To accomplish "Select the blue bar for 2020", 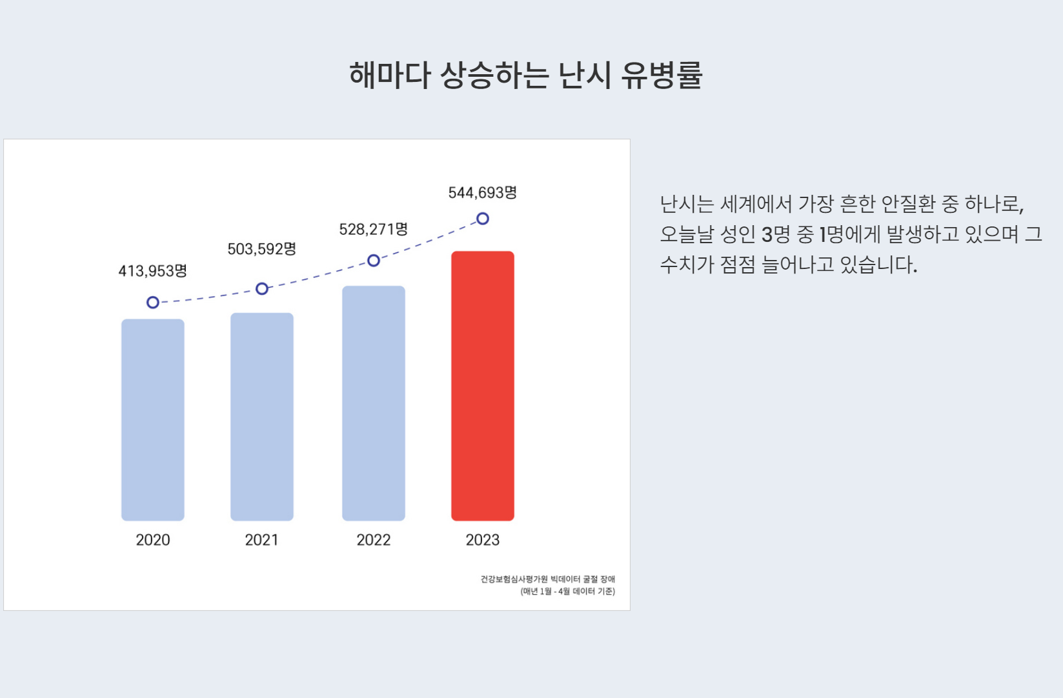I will coord(153,419).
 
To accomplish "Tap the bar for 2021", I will coord(262,417).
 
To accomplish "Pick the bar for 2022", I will coord(374,403).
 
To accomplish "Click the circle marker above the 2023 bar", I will coord(483,219).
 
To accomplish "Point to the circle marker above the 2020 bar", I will coord(153,303).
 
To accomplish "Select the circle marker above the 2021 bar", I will coord(262,288).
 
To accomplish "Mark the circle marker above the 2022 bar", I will coord(374,261).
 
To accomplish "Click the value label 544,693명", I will coord(483,193).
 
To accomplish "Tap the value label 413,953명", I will coord(153,271).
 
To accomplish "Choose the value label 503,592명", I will coord(262,249).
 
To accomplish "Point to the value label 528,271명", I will coord(374,229).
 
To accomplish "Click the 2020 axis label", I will coord(153,540).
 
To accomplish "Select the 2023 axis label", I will coord(483,540).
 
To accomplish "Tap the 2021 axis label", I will coord(262,540).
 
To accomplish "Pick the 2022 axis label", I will coord(374,540).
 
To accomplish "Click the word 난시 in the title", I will coord(584,75).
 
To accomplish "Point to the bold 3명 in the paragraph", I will coord(776,234).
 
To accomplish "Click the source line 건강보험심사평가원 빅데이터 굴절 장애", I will coord(547,579).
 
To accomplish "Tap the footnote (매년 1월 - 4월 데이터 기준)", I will coord(568,592).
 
